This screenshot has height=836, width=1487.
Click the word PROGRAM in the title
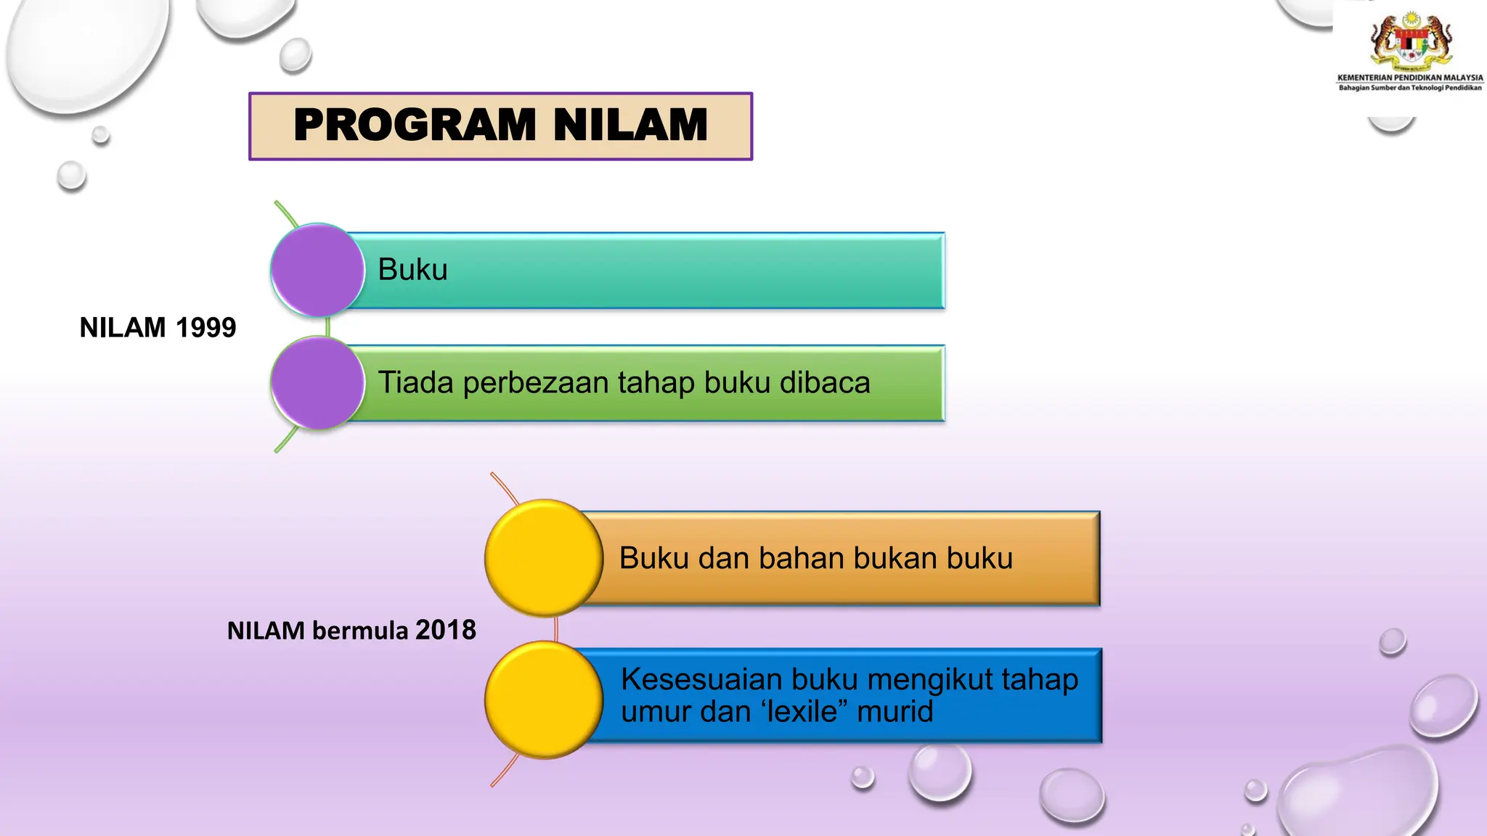(415, 125)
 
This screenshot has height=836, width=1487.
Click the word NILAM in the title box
(630, 125)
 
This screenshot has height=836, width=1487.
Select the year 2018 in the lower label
(445, 630)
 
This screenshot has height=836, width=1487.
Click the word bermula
(360, 631)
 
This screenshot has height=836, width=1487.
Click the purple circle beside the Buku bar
(317, 270)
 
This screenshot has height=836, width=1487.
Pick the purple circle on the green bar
(317, 382)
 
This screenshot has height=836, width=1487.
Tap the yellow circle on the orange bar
(543, 558)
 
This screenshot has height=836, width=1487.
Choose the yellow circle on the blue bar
(543, 700)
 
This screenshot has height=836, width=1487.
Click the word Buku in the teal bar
(412, 270)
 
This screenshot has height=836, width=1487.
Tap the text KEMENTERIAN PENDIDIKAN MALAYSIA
(1410, 78)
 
